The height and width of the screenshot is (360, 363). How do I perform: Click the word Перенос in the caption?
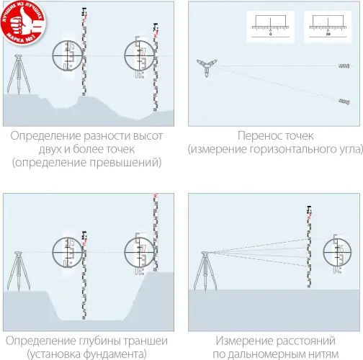click(259, 135)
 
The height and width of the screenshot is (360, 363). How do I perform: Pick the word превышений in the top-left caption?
click(130, 163)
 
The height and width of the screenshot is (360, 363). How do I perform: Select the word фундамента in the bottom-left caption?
click(112, 354)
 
